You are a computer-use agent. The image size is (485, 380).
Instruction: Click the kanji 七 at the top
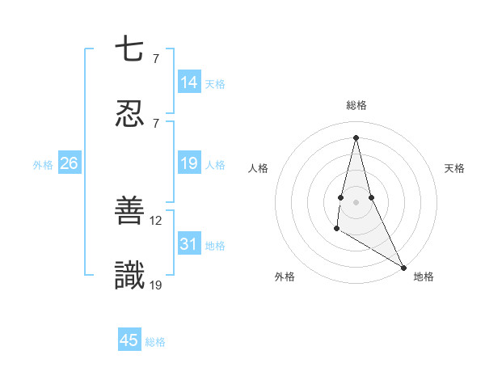pos(129,50)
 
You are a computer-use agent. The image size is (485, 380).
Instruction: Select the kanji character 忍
pos(129,114)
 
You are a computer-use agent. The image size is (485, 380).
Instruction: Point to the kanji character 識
pos(129,276)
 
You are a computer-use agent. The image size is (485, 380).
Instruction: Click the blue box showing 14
pos(189,82)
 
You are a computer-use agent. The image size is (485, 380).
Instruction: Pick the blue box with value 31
pos(189,244)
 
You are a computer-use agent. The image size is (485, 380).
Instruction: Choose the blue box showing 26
pos(69,163)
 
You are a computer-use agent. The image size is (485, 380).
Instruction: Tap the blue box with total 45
pos(129,340)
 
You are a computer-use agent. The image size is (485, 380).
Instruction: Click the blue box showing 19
pos(189,163)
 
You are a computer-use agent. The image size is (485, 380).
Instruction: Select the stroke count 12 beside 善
pos(156,220)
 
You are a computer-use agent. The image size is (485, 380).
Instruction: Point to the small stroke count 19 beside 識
pos(156,284)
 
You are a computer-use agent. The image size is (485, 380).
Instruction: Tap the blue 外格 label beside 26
pos(43,165)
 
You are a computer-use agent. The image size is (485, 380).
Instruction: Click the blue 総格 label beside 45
pos(155,342)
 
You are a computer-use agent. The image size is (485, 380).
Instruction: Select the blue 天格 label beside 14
pos(215,84)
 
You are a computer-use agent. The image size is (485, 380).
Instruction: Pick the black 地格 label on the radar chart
pos(424,277)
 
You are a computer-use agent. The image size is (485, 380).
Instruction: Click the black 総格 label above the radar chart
pos(356,105)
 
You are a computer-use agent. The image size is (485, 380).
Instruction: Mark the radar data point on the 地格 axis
pos(404,267)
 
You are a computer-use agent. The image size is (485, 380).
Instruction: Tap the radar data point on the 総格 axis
pos(356,137)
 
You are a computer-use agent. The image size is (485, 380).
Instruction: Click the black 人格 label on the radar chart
pos(259,168)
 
